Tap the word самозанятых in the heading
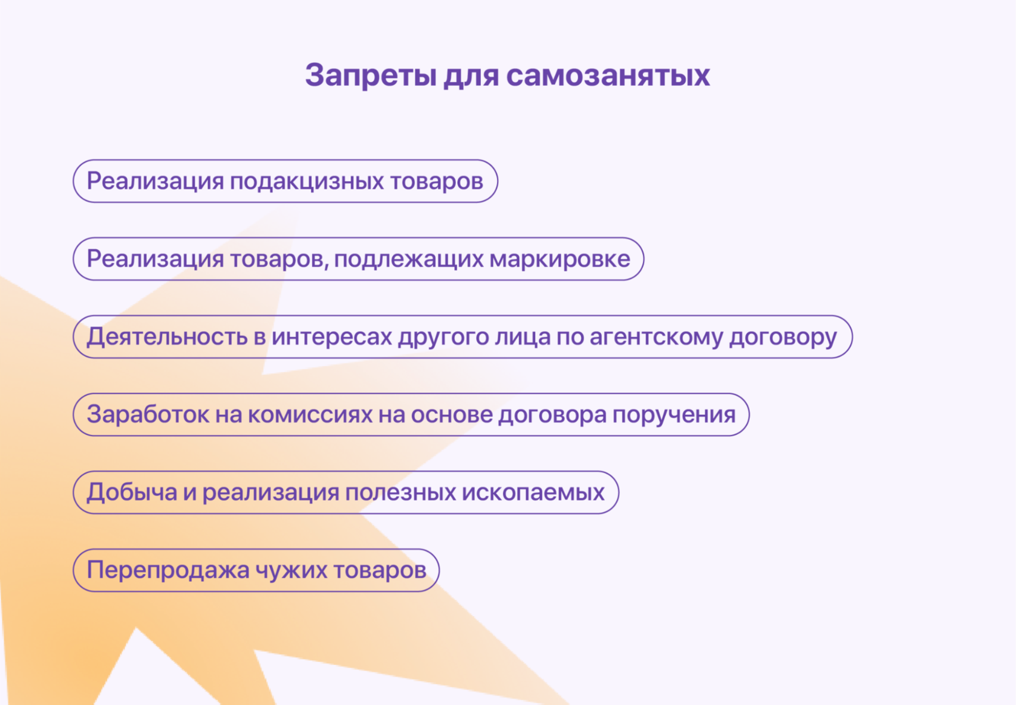[x=608, y=75]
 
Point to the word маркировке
[x=560, y=260]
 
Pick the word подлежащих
[x=408, y=260]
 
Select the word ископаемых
[x=533, y=493]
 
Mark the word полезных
[x=400, y=493]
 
